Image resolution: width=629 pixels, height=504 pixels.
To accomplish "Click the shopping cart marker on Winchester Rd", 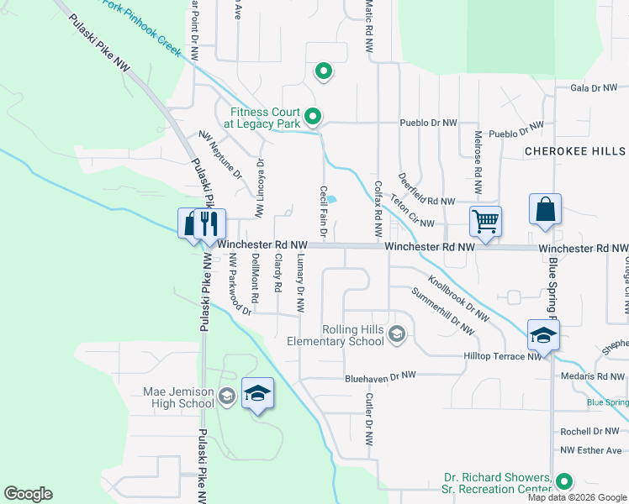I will [486, 222].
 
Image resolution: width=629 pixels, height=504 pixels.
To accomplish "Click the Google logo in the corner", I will [29, 494].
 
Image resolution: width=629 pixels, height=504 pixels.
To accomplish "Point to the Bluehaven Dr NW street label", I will [380, 377].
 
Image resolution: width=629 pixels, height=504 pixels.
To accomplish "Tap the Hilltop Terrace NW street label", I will [503, 357].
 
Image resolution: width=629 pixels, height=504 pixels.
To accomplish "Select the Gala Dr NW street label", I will [594, 87].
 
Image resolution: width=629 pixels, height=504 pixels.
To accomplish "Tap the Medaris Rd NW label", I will [588, 376].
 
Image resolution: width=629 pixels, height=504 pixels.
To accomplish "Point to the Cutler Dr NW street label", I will [367, 418].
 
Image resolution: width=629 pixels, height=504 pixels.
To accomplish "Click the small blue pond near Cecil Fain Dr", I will [331, 200].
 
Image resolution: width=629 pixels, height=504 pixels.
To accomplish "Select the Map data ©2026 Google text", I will [576, 497].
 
